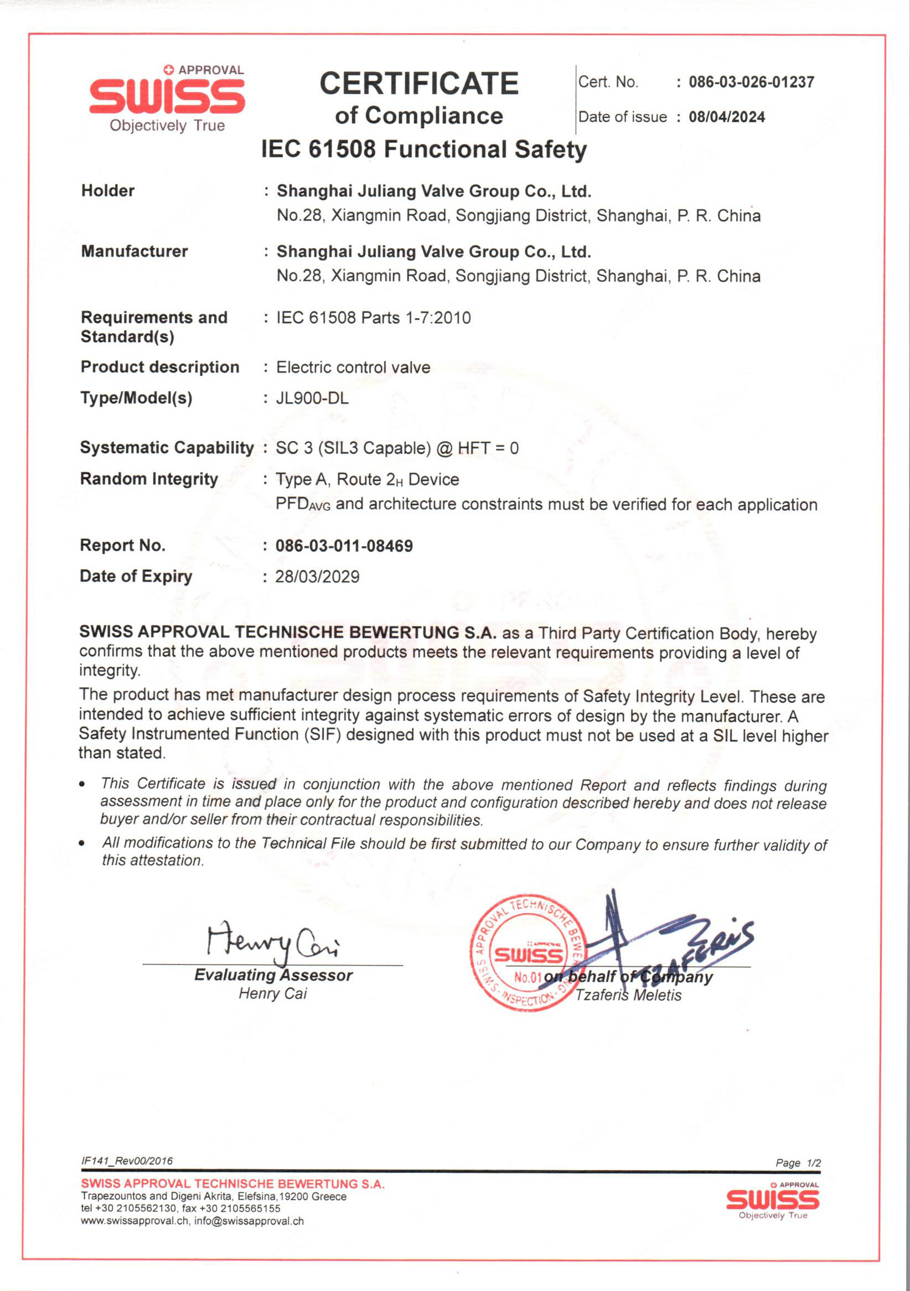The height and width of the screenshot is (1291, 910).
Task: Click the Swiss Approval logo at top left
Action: [x=167, y=98]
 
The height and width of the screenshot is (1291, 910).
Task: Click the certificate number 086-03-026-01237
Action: [x=751, y=82]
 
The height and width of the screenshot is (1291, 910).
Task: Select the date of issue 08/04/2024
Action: [x=727, y=117]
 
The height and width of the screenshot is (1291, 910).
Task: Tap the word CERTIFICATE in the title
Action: [x=419, y=84]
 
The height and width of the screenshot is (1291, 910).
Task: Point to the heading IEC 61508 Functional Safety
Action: [x=423, y=149]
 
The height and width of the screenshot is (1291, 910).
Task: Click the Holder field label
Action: [x=108, y=190]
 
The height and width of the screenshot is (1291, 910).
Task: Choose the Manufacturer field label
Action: [x=135, y=251]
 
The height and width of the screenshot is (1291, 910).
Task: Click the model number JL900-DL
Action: [x=312, y=398]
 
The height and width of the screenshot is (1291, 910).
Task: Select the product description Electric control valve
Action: [x=353, y=367]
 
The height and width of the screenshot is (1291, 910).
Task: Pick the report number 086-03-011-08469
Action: [x=344, y=546]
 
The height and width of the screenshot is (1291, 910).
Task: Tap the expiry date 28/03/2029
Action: [x=317, y=577]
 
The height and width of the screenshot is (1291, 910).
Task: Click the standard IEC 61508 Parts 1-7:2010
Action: [x=374, y=318]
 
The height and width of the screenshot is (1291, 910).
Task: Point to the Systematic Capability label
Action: [x=167, y=448]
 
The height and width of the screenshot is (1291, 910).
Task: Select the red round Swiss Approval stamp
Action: [x=528, y=953]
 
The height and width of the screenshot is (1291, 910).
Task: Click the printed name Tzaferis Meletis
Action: [x=628, y=996]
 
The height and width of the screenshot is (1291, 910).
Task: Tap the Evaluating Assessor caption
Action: [x=273, y=975]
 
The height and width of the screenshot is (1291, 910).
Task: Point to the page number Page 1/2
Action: [x=798, y=1163]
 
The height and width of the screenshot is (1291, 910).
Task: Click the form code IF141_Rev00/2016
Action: [x=127, y=1161]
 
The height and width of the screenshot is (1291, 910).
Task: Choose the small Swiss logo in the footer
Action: [x=772, y=1200]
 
